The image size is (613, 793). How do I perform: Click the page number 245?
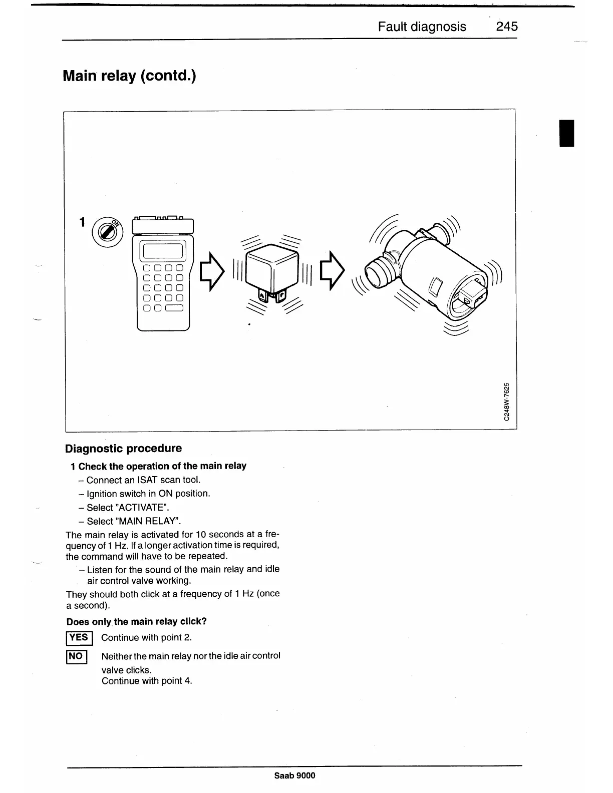(x=506, y=27)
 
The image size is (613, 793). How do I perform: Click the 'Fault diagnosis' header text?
(x=422, y=27)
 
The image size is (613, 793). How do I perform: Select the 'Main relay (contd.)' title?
(x=129, y=76)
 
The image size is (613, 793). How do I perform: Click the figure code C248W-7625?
(x=507, y=402)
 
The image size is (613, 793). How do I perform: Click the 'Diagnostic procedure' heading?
(x=123, y=448)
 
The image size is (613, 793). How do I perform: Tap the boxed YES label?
(x=79, y=637)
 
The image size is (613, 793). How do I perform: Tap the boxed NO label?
(x=77, y=656)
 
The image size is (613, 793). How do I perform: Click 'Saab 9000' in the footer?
(x=294, y=775)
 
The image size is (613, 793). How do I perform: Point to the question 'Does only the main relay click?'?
(x=136, y=621)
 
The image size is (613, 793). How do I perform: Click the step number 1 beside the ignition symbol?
(x=83, y=222)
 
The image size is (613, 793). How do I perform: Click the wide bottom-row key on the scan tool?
(x=174, y=308)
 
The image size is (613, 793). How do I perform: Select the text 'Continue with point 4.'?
(x=147, y=681)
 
